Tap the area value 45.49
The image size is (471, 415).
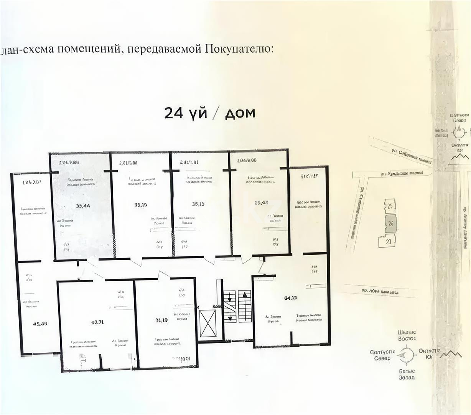pos(40,324)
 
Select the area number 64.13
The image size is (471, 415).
pos(290,298)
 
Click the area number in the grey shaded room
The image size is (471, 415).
pos(83,206)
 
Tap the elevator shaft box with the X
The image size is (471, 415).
pos(207,324)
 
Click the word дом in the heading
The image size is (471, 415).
pos(240,113)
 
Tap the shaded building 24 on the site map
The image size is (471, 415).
pos(391,223)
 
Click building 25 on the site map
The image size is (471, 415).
pos(389,206)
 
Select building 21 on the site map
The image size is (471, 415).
pos(388,242)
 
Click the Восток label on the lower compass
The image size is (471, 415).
pos(407,339)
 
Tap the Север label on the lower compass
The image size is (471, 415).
pos(382,358)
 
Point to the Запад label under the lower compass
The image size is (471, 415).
pos(406,377)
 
